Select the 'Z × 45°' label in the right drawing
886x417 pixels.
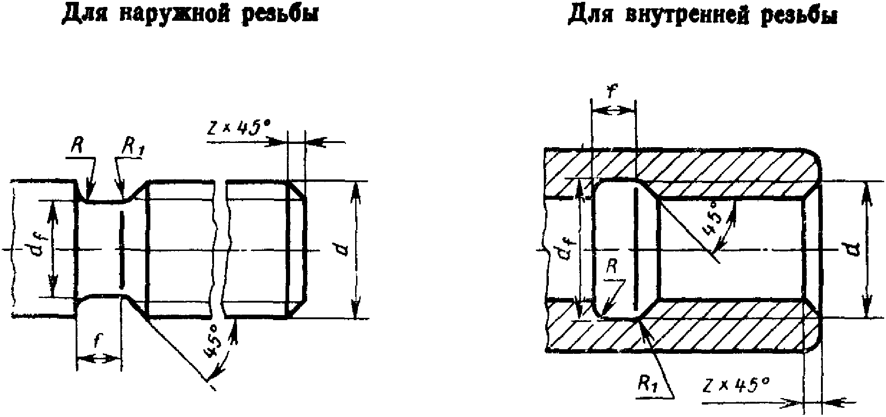coord(736,385)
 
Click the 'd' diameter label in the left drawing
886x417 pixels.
coord(342,249)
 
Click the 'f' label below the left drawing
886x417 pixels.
coord(97,341)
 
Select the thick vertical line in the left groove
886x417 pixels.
coord(122,249)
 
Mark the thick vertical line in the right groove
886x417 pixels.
coord(636,249)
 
